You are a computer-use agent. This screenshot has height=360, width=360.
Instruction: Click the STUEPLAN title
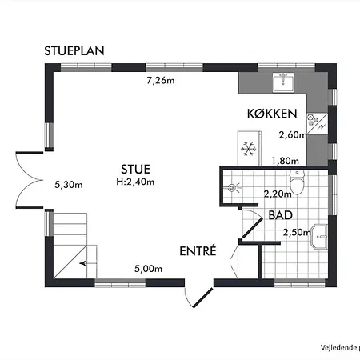click(x=76, y=51)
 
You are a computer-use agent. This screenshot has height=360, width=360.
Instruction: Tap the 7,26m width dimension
click(x=161, y=81)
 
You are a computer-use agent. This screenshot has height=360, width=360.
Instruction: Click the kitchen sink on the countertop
click(x=283, y=81)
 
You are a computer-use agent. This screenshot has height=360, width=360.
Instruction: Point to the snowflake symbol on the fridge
click(x=247, y=148)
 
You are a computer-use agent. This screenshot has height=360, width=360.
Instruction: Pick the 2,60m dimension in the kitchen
click(x=292, y=135)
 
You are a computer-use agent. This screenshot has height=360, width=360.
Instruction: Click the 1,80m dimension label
click(x=286, y=161)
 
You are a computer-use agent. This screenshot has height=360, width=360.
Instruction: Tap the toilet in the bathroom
click(x=298, y=186)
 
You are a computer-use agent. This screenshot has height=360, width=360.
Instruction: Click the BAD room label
click(x=280, y=215)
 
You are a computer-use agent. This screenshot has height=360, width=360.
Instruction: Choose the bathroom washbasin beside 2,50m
click(x=322, y=236)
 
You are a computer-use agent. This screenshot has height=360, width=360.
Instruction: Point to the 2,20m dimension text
click(x=277, y=193)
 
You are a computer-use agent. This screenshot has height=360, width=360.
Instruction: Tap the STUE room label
click(x=134, y=169)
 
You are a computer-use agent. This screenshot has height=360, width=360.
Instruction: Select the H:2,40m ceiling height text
click(x=134, y=181)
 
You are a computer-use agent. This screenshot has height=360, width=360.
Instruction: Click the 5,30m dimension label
click(x=69, y=184)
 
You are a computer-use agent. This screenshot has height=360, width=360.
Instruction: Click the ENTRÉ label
click(x=198, y=250)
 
